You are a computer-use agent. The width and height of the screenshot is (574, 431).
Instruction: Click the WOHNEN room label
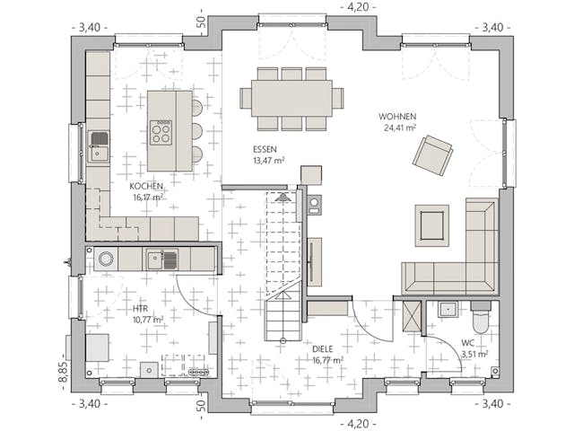point(397,117)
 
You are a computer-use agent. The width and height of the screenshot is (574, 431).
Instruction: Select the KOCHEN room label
point(146,186)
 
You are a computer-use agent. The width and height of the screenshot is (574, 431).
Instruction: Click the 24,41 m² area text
point(400,128)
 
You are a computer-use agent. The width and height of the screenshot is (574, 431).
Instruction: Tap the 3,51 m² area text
point(474,354)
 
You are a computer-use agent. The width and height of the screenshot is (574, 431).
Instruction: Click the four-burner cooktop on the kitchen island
point(161,133)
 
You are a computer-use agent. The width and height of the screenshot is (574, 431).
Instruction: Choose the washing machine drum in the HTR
point(106,259)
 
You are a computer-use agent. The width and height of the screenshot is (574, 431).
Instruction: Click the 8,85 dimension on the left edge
point(64,370)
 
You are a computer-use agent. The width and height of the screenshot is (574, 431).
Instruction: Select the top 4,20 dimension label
point(358,7)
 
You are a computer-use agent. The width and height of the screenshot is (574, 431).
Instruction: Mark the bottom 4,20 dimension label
point(358,423)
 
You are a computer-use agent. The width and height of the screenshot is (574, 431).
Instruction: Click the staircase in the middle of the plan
point(285,269)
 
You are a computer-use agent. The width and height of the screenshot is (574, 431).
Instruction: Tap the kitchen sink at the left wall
point(98,146)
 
